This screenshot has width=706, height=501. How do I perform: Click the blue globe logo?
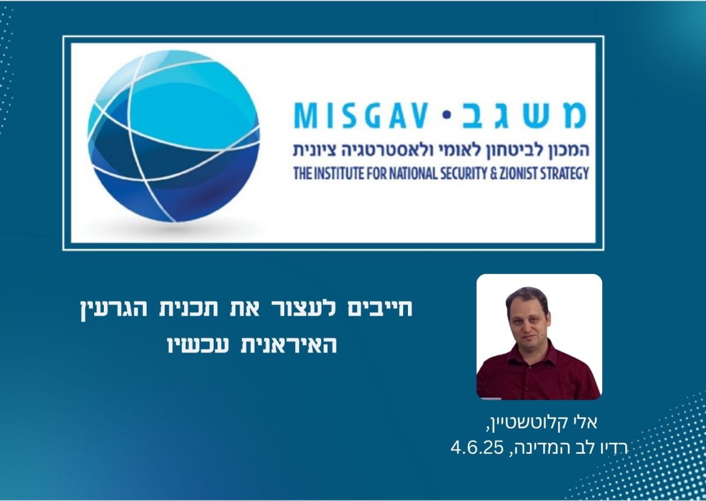pyautogui.click(x=173, y=136)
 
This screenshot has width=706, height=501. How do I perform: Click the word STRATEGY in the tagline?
pyautogui.click(x=561, y=174)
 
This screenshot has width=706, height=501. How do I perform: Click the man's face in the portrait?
pyautogui.click(x=527, y=317)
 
